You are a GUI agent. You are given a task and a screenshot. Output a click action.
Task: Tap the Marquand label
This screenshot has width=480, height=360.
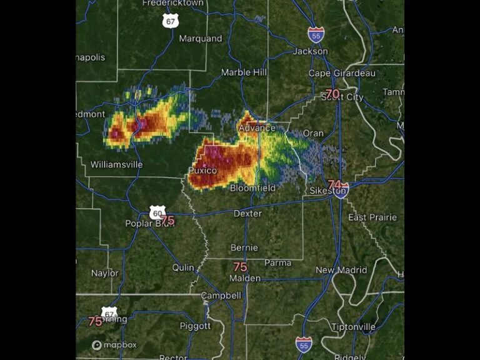coord(201,39)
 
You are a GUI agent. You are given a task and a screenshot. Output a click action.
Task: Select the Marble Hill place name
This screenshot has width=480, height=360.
coord(244,72)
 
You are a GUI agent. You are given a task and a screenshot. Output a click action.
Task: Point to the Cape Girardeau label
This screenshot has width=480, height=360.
coord(342,73)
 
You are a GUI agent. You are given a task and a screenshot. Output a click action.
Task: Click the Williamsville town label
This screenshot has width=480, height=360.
coord(116,165)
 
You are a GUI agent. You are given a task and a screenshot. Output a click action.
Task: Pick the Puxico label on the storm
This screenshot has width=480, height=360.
coord(202,171)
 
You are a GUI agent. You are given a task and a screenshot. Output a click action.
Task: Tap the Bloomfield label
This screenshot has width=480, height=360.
coord(253,187)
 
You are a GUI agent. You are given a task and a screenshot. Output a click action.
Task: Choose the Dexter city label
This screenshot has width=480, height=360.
coord(247,214)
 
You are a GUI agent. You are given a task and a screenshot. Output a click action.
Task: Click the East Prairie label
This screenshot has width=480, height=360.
coord(372,217)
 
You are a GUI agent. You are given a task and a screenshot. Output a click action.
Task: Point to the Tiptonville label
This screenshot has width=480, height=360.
coord(354,327)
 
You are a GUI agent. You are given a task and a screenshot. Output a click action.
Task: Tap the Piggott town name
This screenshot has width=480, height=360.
coord(195,326)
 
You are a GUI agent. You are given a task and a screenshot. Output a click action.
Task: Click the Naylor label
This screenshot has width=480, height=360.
coord(104,273)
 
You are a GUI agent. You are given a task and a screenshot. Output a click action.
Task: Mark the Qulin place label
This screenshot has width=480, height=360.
coord(184,267)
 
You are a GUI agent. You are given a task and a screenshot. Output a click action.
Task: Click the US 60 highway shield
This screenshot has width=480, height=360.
coord(157,212)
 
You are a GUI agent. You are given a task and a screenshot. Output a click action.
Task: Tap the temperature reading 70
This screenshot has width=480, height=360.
coord(332,94)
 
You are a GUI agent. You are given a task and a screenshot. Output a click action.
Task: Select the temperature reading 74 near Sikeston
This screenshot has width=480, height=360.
coord(335,184)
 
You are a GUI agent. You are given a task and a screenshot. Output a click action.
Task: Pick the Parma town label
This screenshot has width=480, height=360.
coord(277,262)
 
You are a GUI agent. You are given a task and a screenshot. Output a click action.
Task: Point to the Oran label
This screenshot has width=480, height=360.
coord(313,133)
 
